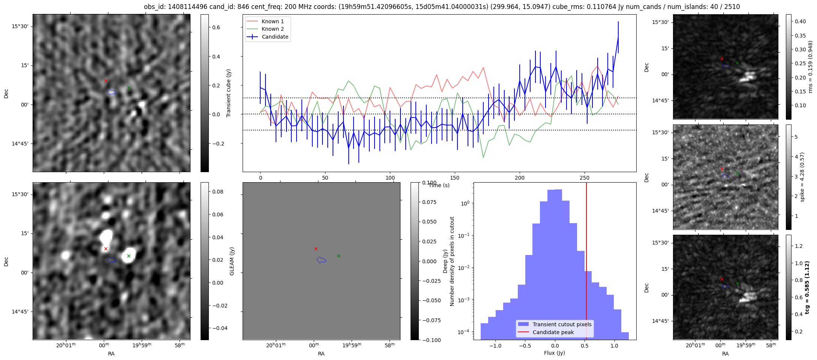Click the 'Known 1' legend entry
[273, 21]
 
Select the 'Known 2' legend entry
[273, 29]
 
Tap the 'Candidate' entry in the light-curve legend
[275, 37]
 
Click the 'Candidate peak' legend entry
[553, 332]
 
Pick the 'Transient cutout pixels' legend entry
[562, 324]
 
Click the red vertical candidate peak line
[586, 262]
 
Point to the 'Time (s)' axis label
[439, 185]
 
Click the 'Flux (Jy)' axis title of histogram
[555, 353]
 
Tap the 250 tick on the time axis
[585, 178]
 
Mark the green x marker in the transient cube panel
[129, 88]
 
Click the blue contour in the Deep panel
[321, 260]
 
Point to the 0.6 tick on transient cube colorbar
[216, 27]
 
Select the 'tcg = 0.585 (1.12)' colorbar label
[807, 287]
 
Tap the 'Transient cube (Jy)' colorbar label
[228, 93]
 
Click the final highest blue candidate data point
[618, 37]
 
